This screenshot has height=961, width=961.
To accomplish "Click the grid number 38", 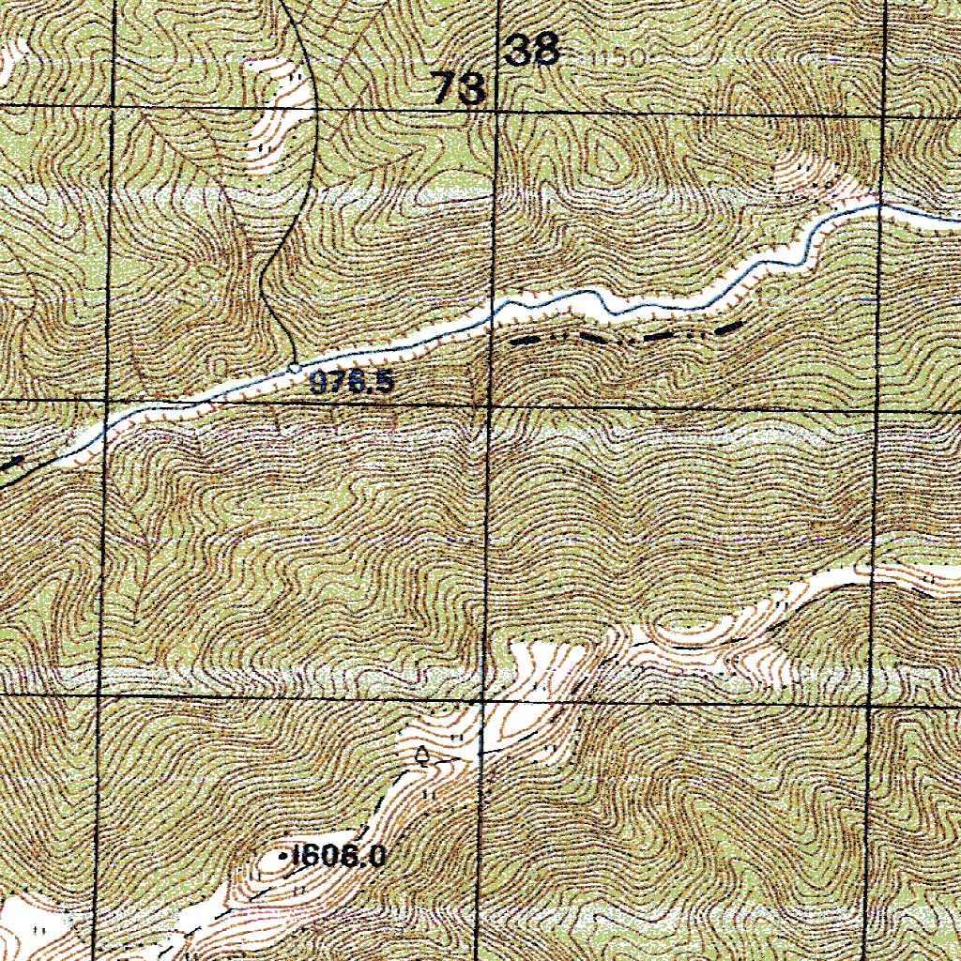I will (533, 50).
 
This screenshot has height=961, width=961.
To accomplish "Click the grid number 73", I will (460, 90).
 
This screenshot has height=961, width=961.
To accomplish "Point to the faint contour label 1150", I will (619, 58).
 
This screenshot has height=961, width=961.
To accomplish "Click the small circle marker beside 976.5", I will (295, 367).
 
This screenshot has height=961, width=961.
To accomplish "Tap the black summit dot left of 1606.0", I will (284, 856).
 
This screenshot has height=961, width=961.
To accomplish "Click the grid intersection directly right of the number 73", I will (496, 111).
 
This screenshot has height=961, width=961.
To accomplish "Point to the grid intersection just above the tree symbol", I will (481, 699).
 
